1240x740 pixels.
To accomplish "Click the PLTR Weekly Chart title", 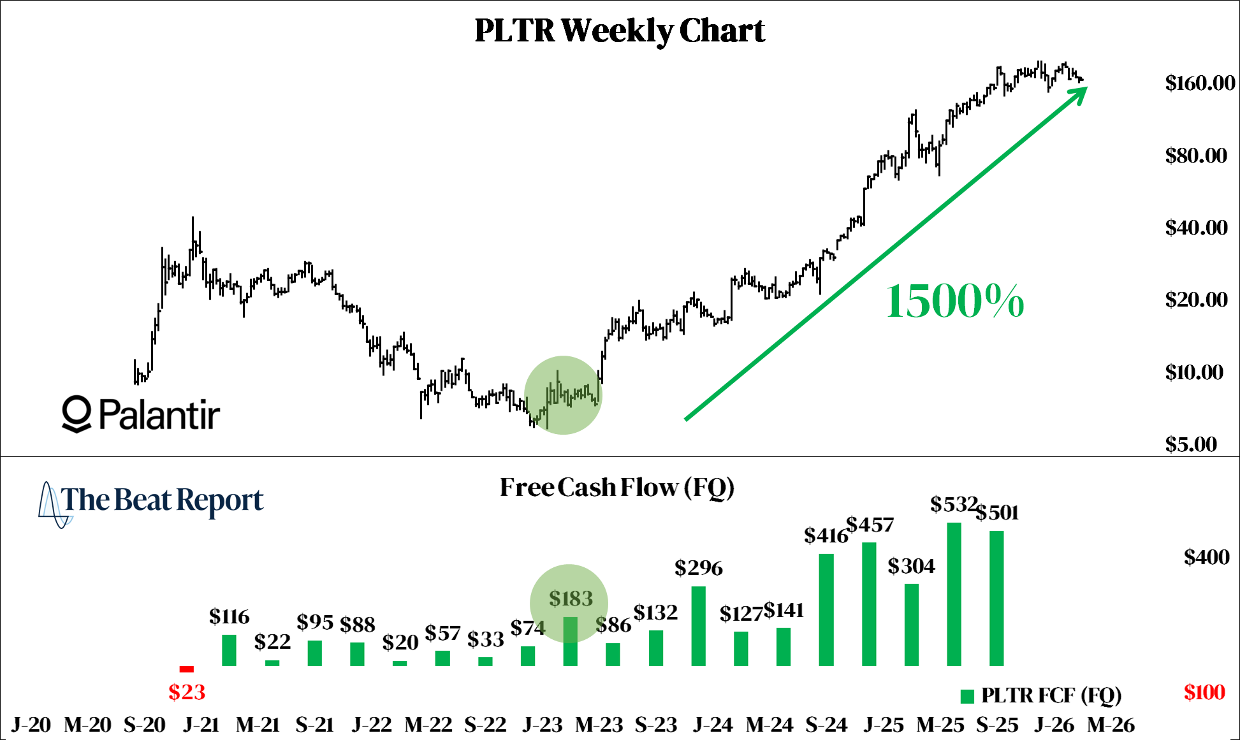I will pyautogui.click(x=620, y=31).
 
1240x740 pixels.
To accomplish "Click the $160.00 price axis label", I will pyautogui.click(x=1199, y=83).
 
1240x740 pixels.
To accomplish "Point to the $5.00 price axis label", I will pyautogui.click(x=1190, y=444).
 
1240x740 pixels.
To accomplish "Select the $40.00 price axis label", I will pyautogui.click(x=1195, y=228).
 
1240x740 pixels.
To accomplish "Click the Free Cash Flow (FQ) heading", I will pyautogui.click(x=616, y=488).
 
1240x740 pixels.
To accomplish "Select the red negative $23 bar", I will pyautogui.click(x=187, y=669).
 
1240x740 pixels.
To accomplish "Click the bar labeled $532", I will pyautogui.click(x=954, y=594).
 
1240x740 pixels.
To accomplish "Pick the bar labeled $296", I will pyautogui.click(x=698, y=626).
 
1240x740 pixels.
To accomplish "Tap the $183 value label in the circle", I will pyautogui.click(x=571, y=599).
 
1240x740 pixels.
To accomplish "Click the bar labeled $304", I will pyautogui.click(x=911, y=625).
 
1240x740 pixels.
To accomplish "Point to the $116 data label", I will pyautogui.click(x=229, y=616).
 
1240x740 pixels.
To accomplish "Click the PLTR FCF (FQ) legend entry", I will pyautogui.click(x=1040, y=695).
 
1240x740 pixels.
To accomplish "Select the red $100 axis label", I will pyautogui.click(x=1204, y=692).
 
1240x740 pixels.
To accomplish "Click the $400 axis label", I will pyautogui.click(x=1206, y=558).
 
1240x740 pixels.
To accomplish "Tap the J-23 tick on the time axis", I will pyautogui.click(x=543, y=725).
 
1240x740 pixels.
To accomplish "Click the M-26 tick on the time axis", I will pyautogui.click(x=1111, y=725).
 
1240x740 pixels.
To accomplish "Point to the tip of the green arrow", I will pyautogui.click(x=1086, y=87).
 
